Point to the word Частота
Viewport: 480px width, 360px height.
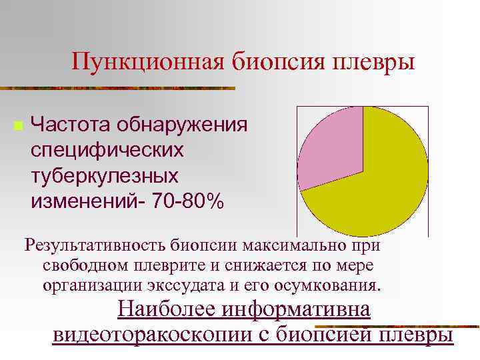[x=71, y=125]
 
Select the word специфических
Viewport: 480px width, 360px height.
[x=107, y=150]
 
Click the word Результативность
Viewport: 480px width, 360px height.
[x=94, y=245]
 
